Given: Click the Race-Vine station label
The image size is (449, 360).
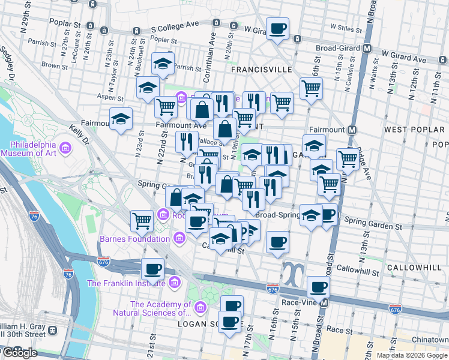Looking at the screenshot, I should point(299,303).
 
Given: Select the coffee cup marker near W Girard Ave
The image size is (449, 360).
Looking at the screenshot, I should point(277,28).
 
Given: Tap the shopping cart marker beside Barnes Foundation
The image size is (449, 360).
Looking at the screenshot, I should point(142,220).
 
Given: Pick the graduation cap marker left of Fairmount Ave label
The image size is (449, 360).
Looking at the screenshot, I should point(121,118).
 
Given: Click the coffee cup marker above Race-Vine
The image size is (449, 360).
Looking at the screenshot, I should point(318,287).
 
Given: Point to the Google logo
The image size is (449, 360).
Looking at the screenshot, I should point(19,353).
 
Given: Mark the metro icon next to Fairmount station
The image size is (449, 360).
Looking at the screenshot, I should point(353,130).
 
